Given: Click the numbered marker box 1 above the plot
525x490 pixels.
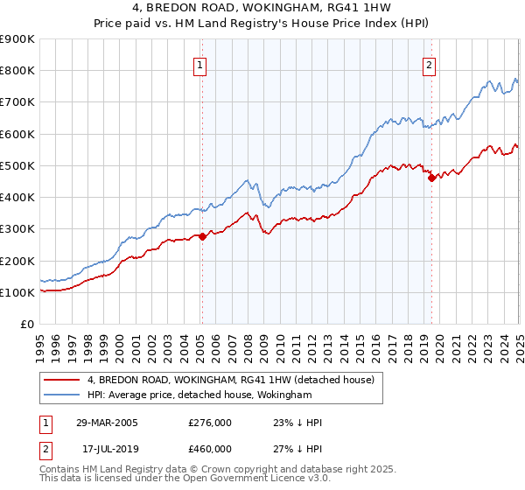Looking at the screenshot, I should pyautogui.click(x=200, y=64).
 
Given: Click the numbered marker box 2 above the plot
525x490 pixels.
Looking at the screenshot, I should pyautogui.click(x=430, y=64).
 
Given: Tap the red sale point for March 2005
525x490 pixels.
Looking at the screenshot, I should pyautogui.click(x=202, y=235).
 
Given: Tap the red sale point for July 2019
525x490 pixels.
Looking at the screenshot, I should pyautogui.click(x=431, y=178).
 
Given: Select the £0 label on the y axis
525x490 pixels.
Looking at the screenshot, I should pyautogui.click(x=26, y=325).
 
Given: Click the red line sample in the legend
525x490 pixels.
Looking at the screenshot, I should pyautogui.click(x=61, y=380).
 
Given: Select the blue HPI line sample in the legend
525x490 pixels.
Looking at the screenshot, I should pyautogui.click(x=61, y=395).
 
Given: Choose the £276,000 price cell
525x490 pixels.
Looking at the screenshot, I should pyautogui.click(x=210, y=423).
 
